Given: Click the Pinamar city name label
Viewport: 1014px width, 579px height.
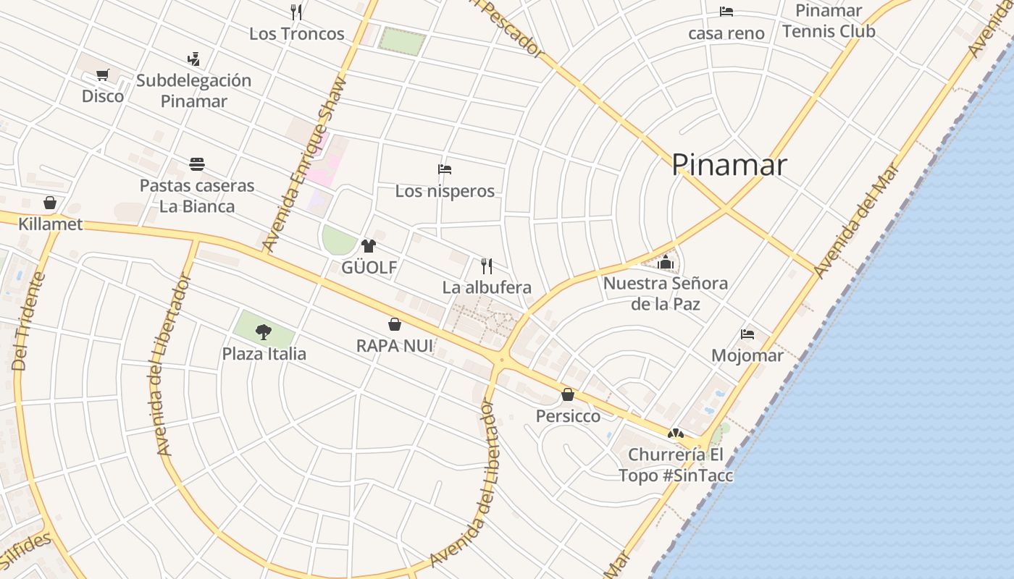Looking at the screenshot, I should (729, 165).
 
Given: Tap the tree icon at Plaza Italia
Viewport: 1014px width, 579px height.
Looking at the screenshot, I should (264, 332).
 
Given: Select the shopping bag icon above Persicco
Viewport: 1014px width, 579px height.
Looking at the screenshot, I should (568, 394).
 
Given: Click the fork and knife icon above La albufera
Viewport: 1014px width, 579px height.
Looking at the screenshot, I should (487, 266).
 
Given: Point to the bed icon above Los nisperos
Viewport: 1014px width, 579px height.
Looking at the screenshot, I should (445, 169).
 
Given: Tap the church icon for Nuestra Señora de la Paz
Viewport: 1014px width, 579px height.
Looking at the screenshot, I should (666, 261).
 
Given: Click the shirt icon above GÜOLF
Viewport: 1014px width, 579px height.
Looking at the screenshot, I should (369, 246).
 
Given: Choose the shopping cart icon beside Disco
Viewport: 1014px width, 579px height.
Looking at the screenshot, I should (103, 75).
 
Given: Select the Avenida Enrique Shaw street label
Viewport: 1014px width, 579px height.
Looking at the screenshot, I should (304, 164).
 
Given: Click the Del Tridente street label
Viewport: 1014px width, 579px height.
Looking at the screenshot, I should (29, 321).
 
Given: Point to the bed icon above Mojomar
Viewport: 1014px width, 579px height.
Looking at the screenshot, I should (747, 334).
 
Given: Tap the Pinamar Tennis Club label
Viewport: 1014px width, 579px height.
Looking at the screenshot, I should (829, 21).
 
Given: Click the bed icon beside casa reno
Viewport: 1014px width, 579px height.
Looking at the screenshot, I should (726, 12).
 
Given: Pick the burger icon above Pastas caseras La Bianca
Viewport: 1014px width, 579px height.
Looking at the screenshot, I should (197, 164).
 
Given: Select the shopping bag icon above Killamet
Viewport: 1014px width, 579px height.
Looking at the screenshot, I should (50, 202).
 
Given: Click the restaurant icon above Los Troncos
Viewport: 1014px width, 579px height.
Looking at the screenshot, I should (296, 12).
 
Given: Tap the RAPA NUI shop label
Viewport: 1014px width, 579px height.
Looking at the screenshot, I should (395, 346).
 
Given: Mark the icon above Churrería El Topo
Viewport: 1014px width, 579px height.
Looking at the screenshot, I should (676, 434).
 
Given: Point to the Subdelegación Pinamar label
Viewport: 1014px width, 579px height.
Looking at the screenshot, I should (193, 90).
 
